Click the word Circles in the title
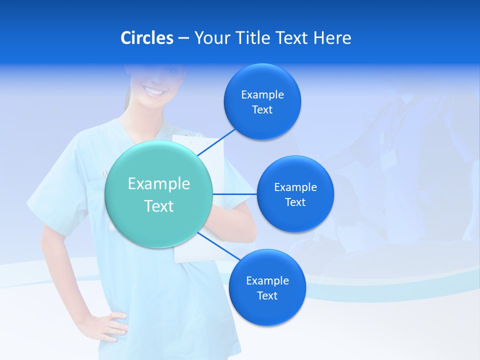[147, 38]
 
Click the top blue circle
[262, 102]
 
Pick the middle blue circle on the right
[295, 194]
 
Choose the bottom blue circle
[267, 287]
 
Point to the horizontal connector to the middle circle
[234, 194]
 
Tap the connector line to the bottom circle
[218, 246]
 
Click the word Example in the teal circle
[159, 183]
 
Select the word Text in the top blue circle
[262, 110]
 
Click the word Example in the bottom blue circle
[267, 280]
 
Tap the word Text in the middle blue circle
[295, 202]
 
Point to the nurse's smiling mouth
[153, 92]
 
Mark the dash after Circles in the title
[183, 38]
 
